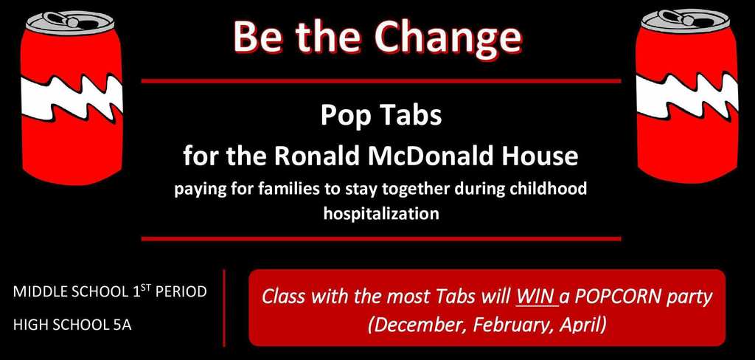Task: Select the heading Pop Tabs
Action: click(380, 117)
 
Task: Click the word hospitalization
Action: click(381, 214)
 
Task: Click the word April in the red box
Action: click(579, 325)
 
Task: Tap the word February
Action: click(504, 325)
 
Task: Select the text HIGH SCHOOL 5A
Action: click(72, 325)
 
